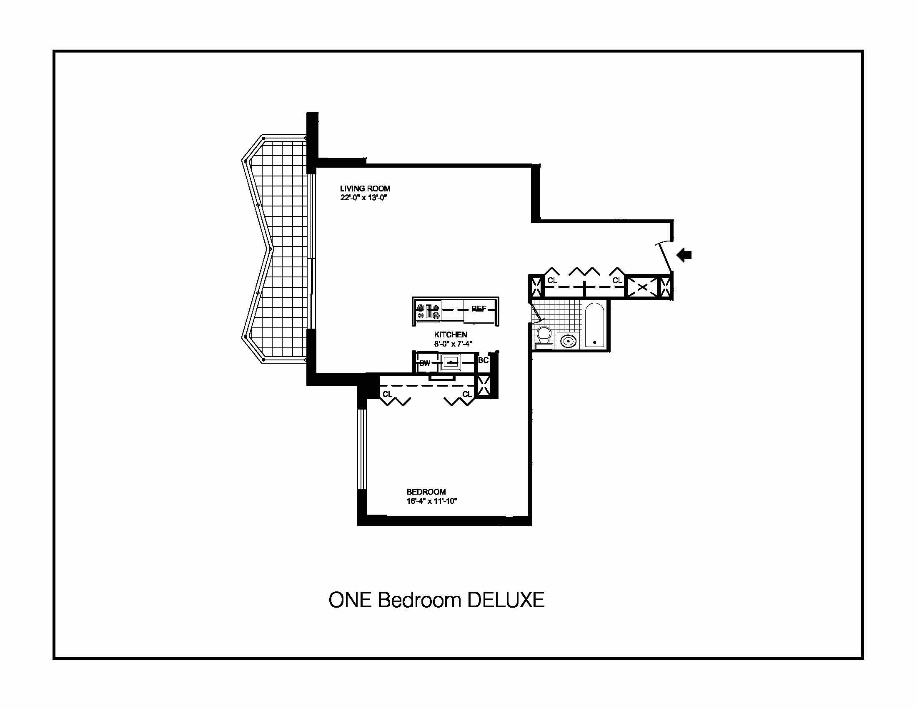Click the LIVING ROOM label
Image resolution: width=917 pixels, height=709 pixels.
[x=365, y=189]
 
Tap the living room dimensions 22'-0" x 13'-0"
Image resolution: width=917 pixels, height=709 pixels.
[x=363, y=198]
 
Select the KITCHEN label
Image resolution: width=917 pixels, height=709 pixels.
[x=451, y=334]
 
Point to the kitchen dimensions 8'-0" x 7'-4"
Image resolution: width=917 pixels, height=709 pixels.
[x=453, y=344]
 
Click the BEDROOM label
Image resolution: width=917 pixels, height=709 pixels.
[x=426, y=491]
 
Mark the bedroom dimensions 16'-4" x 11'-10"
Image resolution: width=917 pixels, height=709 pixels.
[x=432, y=500]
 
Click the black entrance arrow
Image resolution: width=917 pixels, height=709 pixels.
[x=685, y=254]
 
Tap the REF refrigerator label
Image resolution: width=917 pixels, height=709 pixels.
[x=479, y=309]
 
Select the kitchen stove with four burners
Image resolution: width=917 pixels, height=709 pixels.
[x=428, y=312]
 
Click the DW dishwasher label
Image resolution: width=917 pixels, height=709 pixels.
[x=424, y=363]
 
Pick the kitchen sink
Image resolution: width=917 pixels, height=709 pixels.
[x=451, y=362]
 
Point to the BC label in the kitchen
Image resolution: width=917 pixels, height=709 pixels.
[x=483, y=360]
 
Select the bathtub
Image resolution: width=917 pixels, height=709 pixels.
[x=594, y=324]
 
